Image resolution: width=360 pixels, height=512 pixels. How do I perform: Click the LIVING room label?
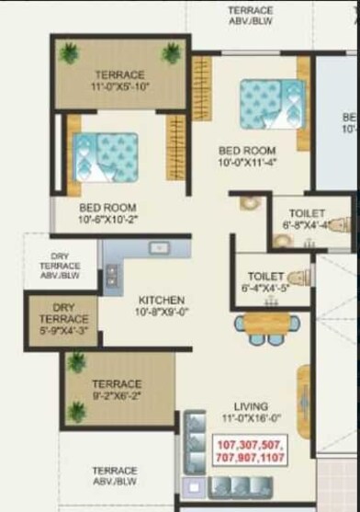[x=251, y=405]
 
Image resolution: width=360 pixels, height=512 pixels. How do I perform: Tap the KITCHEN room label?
[x=162, y=300]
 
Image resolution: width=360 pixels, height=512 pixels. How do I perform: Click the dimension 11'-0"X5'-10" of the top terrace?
[x=119, y=86]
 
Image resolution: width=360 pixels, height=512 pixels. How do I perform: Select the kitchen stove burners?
[x=112, y=273]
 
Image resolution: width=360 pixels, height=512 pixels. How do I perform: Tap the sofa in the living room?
[x=196, y=441]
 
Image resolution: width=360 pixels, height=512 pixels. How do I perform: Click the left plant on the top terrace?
[x=68, y=53]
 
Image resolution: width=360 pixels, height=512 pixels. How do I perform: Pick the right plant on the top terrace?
[x=172, y=53]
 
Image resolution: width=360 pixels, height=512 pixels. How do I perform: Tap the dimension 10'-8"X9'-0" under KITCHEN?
[x=162, y=312]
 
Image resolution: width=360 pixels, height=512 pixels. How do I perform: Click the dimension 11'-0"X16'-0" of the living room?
[x=251, y=417]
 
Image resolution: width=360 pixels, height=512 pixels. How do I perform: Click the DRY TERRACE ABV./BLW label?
[x=60, y=266]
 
